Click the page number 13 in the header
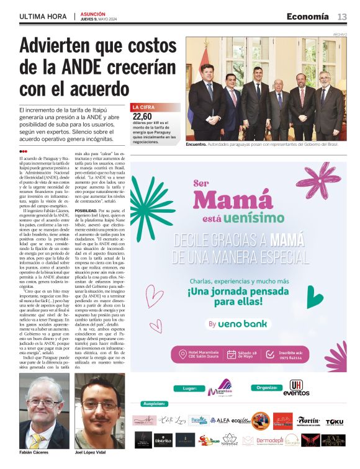pos(342,17)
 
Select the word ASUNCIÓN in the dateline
pos(92,14)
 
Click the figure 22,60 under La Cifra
pos(142,115)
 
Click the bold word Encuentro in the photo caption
pos(197,144)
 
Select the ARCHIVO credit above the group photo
pos(340,33)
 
